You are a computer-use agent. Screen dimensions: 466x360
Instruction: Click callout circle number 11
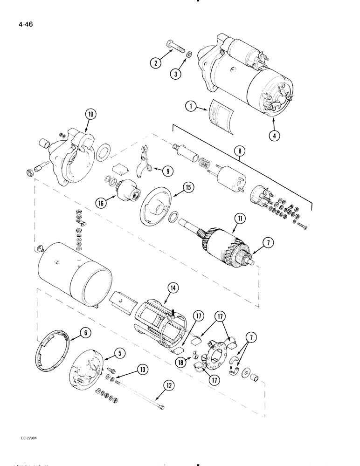[240, 218]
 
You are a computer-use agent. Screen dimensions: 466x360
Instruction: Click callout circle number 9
[165, 171]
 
